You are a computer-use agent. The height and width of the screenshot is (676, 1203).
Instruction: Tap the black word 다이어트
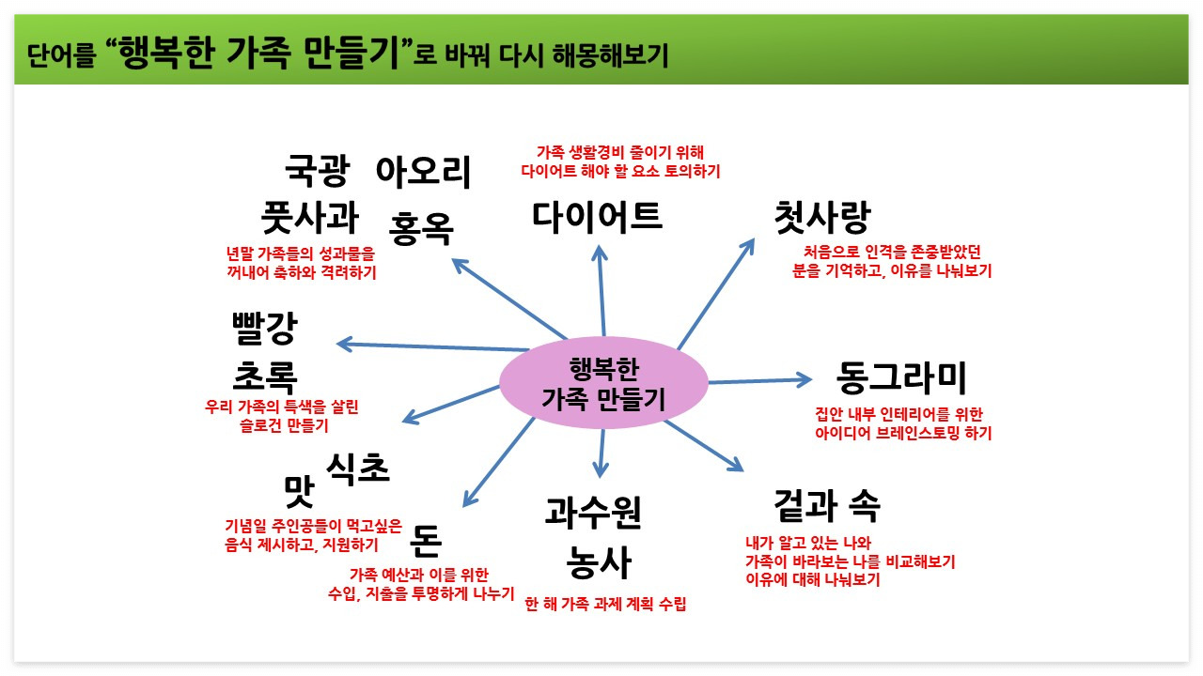click(x=598, y=216)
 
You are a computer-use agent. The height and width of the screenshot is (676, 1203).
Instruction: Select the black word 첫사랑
click(x=821, y=218)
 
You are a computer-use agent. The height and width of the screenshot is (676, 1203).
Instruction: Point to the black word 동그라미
click(x=900, y=378)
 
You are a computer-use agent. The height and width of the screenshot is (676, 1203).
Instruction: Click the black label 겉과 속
click(x=827, y=506)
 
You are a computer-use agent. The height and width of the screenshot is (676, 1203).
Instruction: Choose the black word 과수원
click(x=593, y=514)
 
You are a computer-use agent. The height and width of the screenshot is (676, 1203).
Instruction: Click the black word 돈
click(x=426, y=539)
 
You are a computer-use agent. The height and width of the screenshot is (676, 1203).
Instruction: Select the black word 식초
click(x=357, y=468)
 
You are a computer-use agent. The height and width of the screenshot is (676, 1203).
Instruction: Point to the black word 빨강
click(x=264, y=329)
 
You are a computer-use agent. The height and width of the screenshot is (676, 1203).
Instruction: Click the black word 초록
click(x=264, y=377)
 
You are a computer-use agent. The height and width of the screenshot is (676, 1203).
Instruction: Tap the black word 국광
click(x=317, y=171)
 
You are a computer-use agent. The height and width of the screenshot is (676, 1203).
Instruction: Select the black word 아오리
click(x=423, y=171)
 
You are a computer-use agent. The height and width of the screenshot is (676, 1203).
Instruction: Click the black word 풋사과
click(x=309, y=218)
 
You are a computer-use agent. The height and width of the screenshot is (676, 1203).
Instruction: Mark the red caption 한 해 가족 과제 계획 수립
click(x=605, y=604)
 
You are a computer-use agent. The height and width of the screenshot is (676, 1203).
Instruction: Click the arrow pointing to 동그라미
click(x=759, y=380)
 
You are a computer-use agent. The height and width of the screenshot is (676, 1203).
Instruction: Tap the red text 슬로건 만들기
click(x=282, y=425)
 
